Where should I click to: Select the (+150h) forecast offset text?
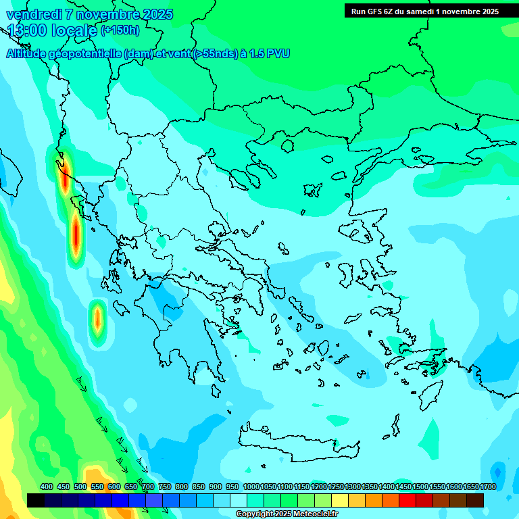[120, 30]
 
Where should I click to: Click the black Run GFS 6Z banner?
[424, 11]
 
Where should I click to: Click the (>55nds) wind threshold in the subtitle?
[214, 54]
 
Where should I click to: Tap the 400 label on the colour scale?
[47, 487]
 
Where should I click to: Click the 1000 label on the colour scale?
[251, 487]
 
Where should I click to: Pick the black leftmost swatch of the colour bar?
[36, 500]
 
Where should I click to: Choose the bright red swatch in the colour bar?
[407, 500]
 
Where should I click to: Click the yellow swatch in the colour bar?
[340, 500]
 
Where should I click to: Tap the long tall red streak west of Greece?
[76, 234]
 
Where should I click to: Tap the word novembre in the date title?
[109, 14]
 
